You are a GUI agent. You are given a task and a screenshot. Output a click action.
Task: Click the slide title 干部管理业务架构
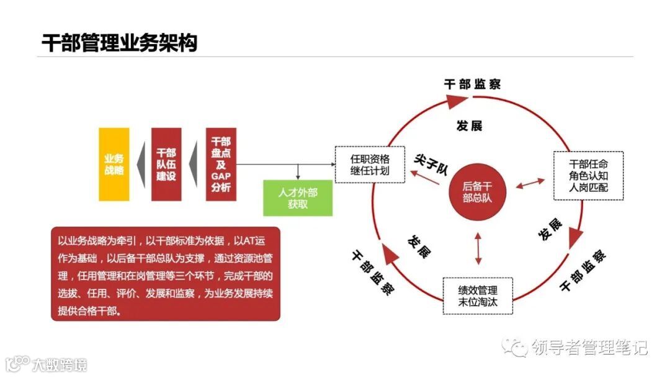(x=119, y=43)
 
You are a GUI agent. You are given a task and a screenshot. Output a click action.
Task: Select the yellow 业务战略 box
(x=114, y=164)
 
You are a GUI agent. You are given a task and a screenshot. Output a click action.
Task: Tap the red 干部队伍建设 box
(x=166, y=164)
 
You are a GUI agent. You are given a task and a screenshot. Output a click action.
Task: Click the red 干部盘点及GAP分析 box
(x=221, y=164)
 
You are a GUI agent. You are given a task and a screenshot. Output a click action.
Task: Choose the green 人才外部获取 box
(x=298, y=198)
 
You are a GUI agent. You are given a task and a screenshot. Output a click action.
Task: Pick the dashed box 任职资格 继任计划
(x=370, y=165)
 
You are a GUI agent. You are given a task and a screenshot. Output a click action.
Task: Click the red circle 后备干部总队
(x=477, y=192)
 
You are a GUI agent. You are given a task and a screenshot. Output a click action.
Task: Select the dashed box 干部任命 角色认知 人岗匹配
(x=588, y=175)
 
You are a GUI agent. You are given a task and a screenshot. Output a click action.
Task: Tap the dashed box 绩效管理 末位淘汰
(x=478, y=295)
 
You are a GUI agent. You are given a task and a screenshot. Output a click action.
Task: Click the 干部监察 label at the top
(x=473, y=84)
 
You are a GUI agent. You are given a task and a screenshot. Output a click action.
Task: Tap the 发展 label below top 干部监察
(x=469, y=126)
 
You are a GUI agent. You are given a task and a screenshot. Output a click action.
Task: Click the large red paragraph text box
(x=166, y=274)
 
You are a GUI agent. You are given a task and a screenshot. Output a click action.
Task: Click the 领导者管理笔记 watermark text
(x=589, y=347)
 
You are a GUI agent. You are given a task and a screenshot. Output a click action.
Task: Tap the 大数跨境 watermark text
(x=60, y=364)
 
